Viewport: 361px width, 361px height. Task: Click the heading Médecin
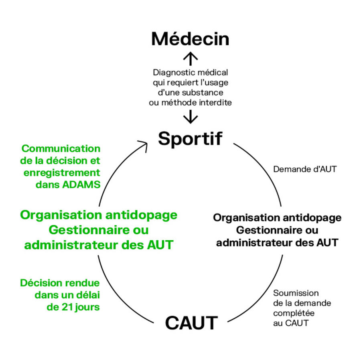click(190, 39)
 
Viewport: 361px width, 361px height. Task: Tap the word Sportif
click(190, 138)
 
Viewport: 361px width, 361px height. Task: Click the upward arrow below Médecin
click(190, 59)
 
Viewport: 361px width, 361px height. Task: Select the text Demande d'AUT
click(305, 169)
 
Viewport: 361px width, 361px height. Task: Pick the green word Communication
click(61, 148)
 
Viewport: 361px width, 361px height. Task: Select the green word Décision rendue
click(60, 283)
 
